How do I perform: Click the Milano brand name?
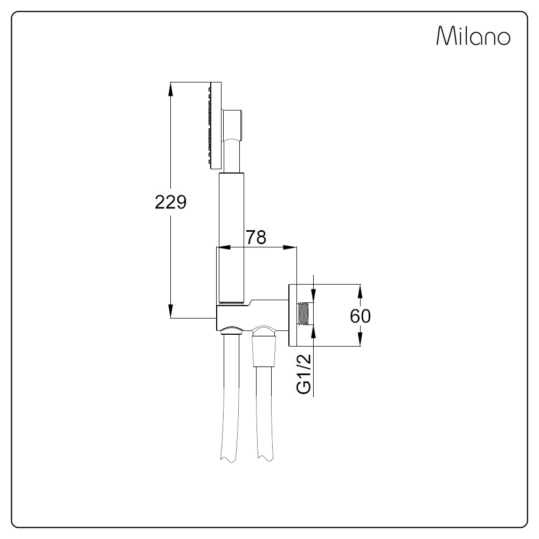pyautogui.click(x=473, y=36)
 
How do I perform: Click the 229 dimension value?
pyautogui.click(x=170, y=202)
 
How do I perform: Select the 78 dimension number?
pyautogui.click(x=256, y=237)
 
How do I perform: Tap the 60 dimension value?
pyautogui.click(x=360, y=316)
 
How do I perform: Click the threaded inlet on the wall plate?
pyautogui.click(x=303, y=314)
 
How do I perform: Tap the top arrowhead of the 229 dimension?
pyautogui.click(x=170, y=89)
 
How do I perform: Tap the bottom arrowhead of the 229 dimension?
pyautogui.click(x=170, y=311)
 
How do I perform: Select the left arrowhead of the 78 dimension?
pyautogui.click(x=224, y=247)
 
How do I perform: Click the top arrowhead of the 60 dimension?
pyautogui.click(x=360, y=292)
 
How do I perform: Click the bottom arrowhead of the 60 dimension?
pyautogui.click(x=360, y=339)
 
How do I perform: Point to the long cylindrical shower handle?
pyautogui.click(x=231, y=238)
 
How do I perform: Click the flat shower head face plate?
pyautogui.click(x=216, y=126)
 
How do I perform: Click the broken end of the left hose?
pyautogui.click(x=229, y=459)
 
